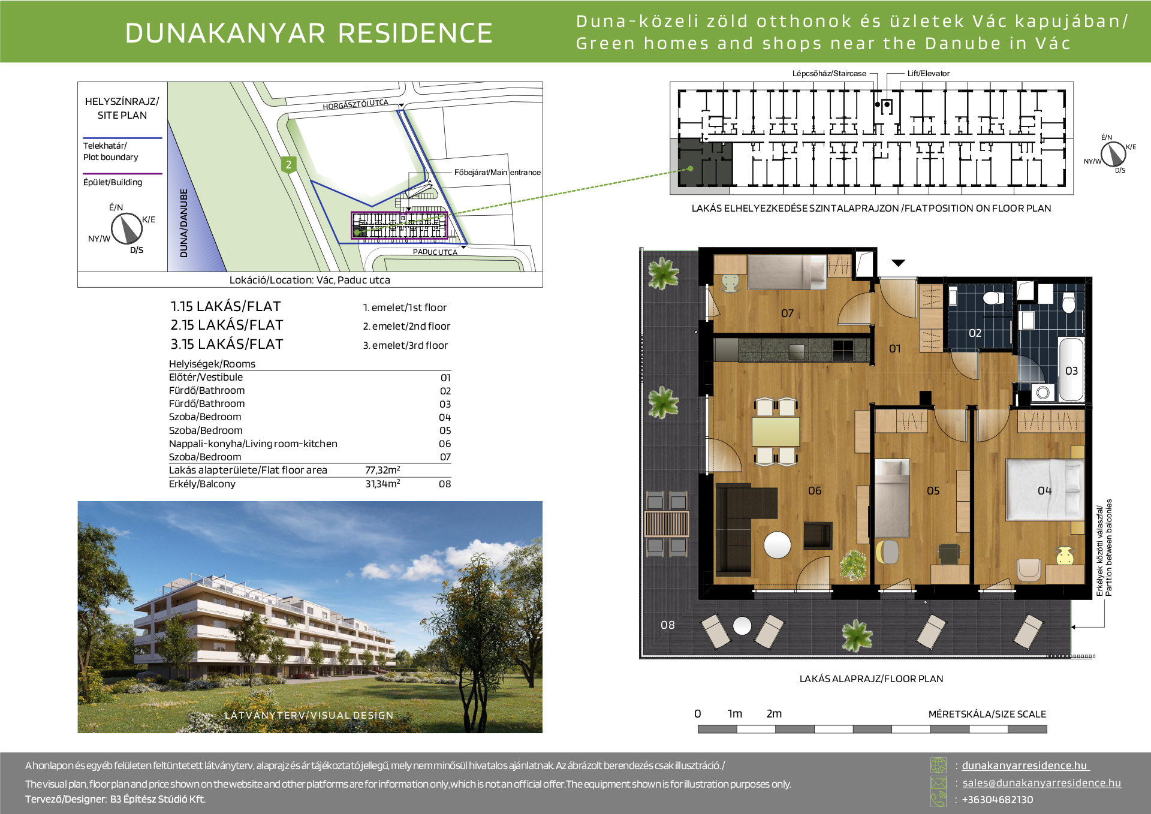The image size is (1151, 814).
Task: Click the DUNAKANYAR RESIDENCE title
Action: (x=309, y=33)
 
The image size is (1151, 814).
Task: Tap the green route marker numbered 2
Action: (x=289, y=164)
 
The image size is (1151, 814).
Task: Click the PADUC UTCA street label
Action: (x=435, y=252)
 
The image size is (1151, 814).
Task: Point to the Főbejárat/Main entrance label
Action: (x=497, y=172)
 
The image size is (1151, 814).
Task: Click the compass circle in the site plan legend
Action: (x=126, y=228)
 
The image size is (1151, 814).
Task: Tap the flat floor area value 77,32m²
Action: (x=382, y=470)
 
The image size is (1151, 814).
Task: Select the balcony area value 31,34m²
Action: (x=382, y=484)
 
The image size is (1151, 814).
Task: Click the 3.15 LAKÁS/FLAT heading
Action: (x=227, y=344)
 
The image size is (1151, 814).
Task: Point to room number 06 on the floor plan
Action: (x=815, y=491)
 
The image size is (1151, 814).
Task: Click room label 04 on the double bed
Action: (x=1044, y=491)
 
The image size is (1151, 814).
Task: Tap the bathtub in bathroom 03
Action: (x=1071, y=370)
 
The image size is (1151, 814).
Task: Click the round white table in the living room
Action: (x=777, y=545)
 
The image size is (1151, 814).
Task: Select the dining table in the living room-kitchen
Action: (x=776, y=431)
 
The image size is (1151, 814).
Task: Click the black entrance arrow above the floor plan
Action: (x=898, y=263)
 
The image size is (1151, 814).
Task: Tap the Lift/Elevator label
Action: (x=929, y=74)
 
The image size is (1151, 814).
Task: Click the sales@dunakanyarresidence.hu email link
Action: (x=1041, y=783)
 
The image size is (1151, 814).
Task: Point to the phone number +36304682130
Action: (x=998, y=800)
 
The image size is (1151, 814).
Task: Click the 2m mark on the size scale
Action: (x=774, y=714)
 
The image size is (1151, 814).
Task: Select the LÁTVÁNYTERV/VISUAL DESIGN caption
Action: (x=309, y=715)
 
